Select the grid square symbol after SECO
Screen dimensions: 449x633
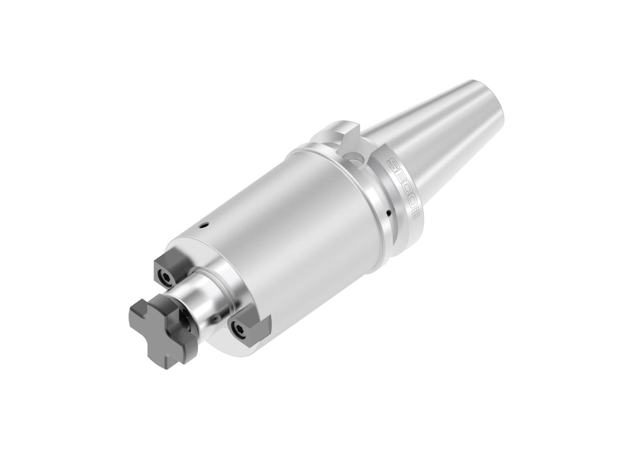416,214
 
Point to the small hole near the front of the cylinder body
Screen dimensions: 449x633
203,226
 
